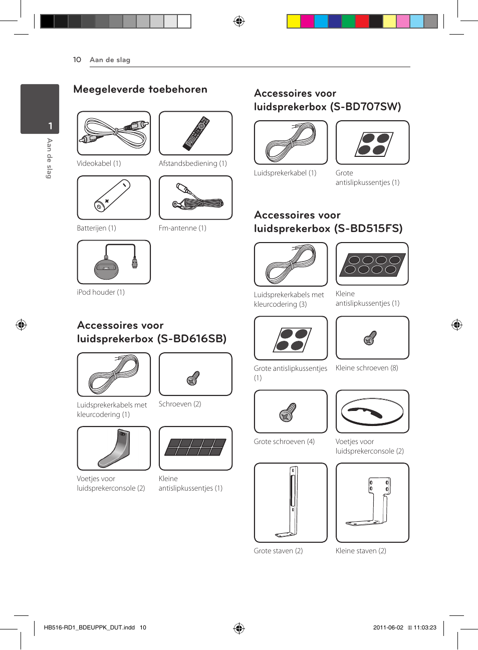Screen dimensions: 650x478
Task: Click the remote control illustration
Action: click(196, 133)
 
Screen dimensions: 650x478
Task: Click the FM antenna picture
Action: click(196, 197)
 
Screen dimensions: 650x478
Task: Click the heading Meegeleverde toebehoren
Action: click(140, 89)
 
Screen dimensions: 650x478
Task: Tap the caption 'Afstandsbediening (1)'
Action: click(192, 163)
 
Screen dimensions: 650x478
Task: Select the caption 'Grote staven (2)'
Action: click(278, 551)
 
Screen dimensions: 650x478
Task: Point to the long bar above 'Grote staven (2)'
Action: click(291, 502)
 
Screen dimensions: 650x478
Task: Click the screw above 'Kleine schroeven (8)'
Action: click(370, 338)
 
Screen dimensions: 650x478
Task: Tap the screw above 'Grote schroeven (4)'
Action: click(288, 412)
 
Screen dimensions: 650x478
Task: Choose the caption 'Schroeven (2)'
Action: click(180, 404)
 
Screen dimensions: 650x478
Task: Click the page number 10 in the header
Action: click(77, 60)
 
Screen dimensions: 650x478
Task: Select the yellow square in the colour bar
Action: click(294, 21)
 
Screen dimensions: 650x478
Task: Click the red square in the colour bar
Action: click(362, 21)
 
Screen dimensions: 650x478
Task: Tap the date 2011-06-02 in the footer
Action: click(388, 627)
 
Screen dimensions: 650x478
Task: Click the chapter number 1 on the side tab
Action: click(50, 126)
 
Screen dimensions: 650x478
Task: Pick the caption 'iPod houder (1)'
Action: click(101, 292)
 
